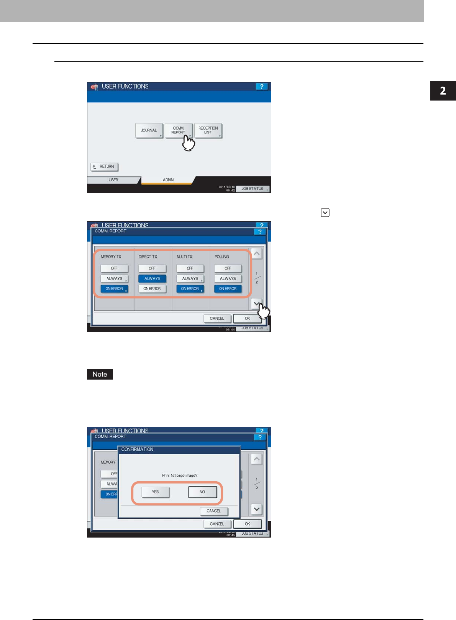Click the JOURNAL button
[x=149, y=130]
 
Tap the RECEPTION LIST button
[x=208, y=130]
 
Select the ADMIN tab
[x=168, y=180]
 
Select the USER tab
[x=113, y=180]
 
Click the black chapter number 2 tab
[x=443, y=91]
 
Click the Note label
[x=100, y=374]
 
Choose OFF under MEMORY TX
[x=114, y=268]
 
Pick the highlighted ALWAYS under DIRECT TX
[x=152, y=279]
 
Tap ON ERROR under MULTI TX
[x=190, y=289]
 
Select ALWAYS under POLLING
[x=228, y=279]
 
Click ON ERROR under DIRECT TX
[x=152, y=289]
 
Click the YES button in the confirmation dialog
[x=155, y=492]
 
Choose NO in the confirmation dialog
[x=202, y=492]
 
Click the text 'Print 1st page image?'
[x=180, y=475]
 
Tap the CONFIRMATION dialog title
[x=137, y=449]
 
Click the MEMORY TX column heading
[x=111, y=257]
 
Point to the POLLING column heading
[x=221, y=257]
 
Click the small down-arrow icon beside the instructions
[x=325, y=212]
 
